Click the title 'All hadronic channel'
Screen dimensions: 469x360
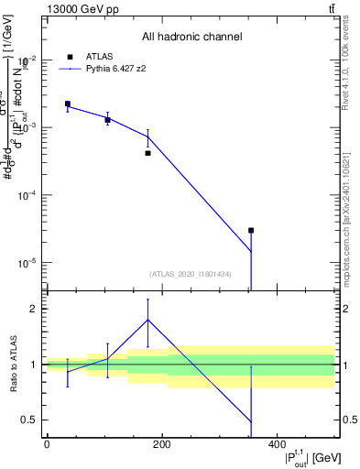click(191, 38)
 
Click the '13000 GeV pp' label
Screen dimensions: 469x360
click(80, 8)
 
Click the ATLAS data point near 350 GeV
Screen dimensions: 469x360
click(251, 231)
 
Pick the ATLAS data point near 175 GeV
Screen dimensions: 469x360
click(147, 153)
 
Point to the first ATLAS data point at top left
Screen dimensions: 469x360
click(68, 104)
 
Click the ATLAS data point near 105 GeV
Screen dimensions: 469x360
click(107, 120)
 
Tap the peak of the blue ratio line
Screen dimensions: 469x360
click(147, 320)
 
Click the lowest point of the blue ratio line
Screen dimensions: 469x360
click(251, 422)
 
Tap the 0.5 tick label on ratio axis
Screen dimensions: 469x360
click(30, 420)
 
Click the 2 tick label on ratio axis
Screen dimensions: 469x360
click(34, 309)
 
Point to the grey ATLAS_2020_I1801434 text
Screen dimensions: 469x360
click(190, 274)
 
